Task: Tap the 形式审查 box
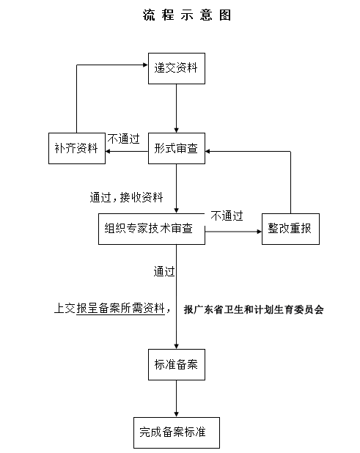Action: coord(176,148)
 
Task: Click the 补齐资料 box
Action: coord(76,149)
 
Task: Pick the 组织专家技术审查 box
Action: coord(150,229)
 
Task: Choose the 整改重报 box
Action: coord(291,229)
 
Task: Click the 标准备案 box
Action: coord(176,364)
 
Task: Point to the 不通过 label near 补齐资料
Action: coord(123,138)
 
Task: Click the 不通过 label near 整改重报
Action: coord(227,216)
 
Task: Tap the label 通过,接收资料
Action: coord(126,198)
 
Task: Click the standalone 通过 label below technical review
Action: coord(164,272)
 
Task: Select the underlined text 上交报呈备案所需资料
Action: coord(109,309)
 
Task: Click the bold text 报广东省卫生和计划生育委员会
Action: coord(254,310)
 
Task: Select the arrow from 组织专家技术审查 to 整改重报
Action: coord(233,233)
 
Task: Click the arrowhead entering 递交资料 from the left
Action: coord(144,65)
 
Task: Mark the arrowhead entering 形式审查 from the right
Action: coord(210,152)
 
